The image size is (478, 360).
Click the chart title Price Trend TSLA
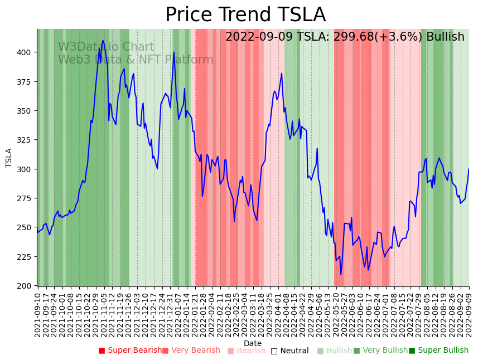point(245,15)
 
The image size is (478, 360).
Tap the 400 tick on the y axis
point(27,52)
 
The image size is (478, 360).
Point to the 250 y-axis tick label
point(27,227)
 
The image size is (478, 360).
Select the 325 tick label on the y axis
point(27,140)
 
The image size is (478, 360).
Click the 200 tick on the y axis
point(27,286)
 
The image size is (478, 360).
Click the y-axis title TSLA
point(9,158)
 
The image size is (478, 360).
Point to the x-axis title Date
point(253,344)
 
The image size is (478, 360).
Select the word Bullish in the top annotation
point(445,37)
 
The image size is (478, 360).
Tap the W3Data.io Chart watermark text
point(106,47)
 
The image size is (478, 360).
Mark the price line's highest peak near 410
point(103,41)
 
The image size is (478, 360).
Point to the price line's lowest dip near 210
point(341,274)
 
